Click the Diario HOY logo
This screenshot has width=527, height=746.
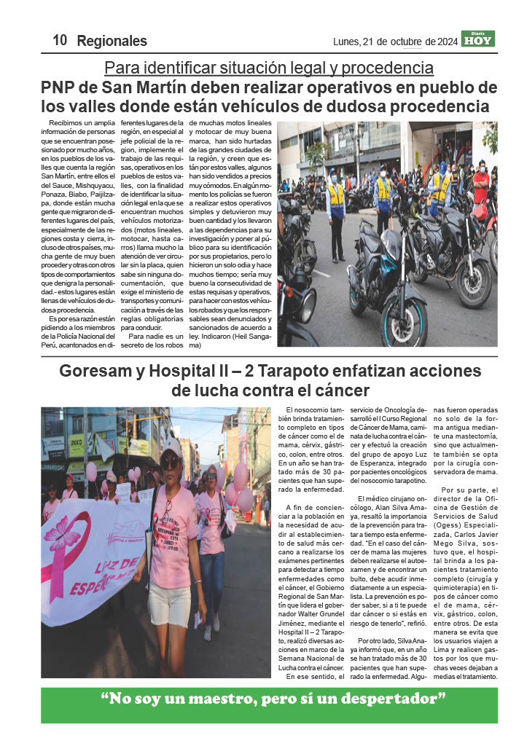(x=477, y=39)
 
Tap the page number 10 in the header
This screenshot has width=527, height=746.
(x=60, y=41)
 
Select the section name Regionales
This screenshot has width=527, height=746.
(x=112, y=42)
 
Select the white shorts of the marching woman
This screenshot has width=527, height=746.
(x=169, y=602)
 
